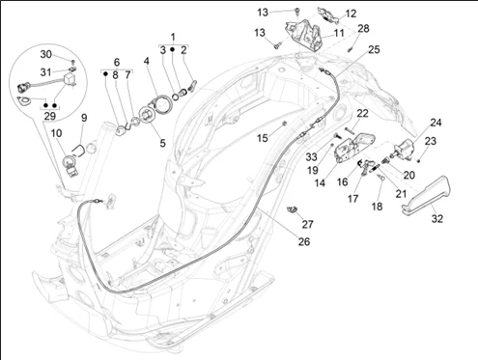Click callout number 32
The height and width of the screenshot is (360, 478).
437,219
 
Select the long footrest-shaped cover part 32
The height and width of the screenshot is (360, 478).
427,196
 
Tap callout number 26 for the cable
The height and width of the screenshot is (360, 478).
304,241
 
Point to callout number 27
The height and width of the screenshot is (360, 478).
307,224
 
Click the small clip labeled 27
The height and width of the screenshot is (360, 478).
292,209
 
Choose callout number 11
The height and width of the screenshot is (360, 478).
339,33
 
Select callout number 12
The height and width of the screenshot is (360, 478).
351,14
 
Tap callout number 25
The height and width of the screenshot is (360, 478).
374,49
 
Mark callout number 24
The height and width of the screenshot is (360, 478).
436,123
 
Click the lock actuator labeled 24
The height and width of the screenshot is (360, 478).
405,149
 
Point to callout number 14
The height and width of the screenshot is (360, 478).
320,183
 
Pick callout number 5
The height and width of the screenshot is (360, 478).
162,143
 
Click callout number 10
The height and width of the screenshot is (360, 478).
56,133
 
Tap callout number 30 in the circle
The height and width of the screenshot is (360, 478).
45,54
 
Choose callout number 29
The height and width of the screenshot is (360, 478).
49,116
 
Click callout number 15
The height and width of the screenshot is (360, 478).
263,138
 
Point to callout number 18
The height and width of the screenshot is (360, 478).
377,207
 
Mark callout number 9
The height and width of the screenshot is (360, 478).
84,118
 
